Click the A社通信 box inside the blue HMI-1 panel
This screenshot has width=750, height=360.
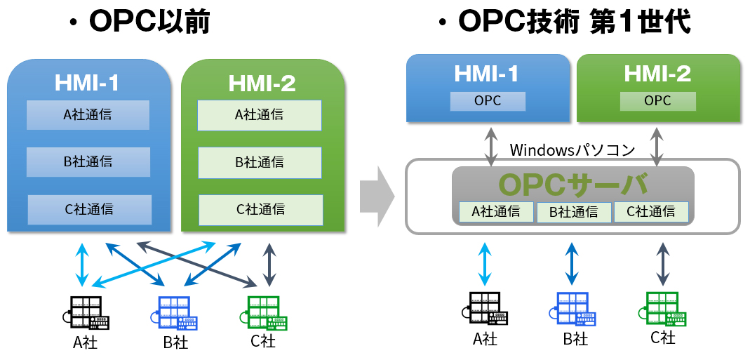pos(88,114)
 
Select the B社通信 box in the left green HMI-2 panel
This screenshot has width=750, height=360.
pos(259,161)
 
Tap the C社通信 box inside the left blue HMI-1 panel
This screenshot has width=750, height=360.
pos(89,209)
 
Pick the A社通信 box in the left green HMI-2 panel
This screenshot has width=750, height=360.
pos(259,114)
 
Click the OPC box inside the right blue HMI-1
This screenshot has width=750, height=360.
pos(488,101)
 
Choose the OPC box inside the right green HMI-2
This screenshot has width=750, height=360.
pos(657,101)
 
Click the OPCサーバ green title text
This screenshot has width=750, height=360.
pos(572,184)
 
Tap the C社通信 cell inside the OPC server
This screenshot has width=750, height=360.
pos(650,211)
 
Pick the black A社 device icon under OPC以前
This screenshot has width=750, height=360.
pos(89,313)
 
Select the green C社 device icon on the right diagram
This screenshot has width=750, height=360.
pos(664,309)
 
